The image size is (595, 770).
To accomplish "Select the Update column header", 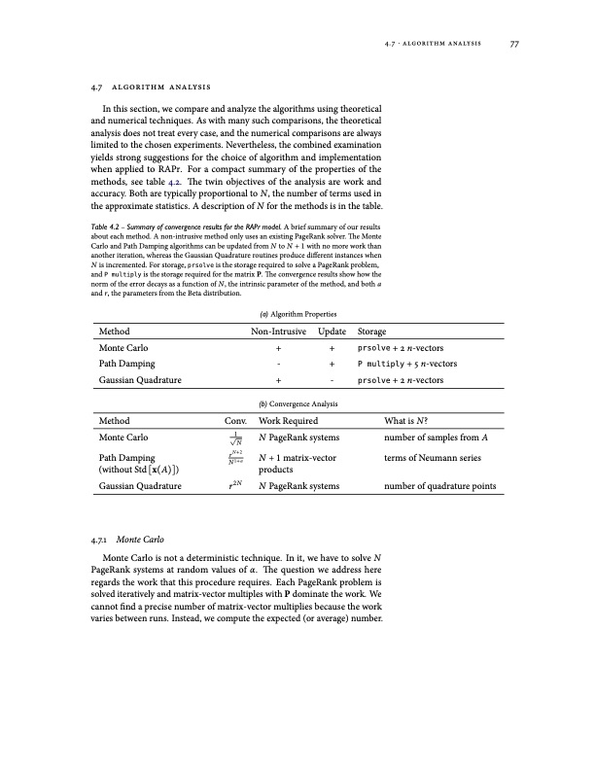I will (x=332, y=332).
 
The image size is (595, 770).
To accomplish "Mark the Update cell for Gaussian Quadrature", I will (x=332, y=381).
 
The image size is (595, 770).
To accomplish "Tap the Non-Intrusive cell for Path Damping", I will (x=279, y=364).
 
